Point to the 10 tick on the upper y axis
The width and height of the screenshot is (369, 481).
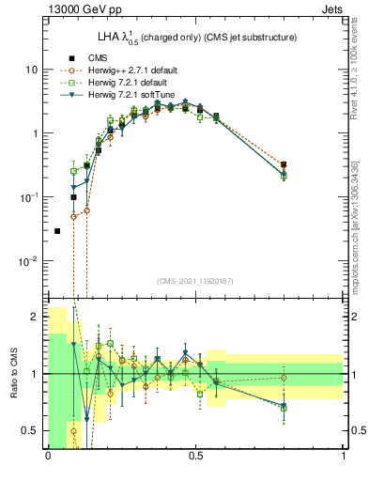32,70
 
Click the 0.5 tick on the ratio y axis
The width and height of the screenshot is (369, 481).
31,430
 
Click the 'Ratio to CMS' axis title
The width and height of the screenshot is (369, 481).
14,374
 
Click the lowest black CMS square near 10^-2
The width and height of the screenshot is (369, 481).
58,230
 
